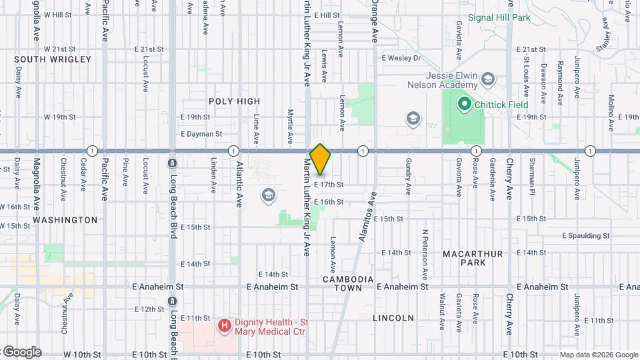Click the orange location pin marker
click(320, 159)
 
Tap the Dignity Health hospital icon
click(225, 325)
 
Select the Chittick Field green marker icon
click(463, 105)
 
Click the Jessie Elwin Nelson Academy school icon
click(488, 79)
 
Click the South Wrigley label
click(53, 59)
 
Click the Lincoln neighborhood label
click(393, 318)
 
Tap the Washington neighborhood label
click(65, 219)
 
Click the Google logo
click(21, 352)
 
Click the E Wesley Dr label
click(401, 58)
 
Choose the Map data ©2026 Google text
click(599, 355)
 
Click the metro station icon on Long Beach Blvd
click(173, 163)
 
